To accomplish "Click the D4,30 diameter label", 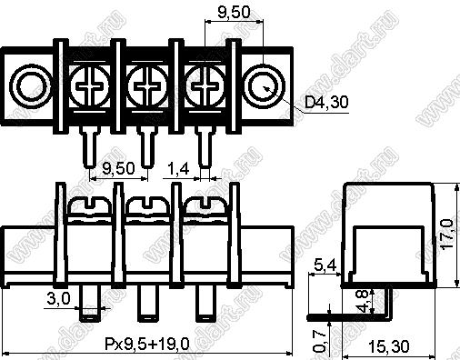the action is (326, 102).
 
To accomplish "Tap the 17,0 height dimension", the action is (447, 235).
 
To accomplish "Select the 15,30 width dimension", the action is (389, 346).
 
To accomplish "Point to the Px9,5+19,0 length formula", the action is (147, 344).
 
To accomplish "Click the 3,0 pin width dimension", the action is (58, 299).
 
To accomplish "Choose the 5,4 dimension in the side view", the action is (325, 265).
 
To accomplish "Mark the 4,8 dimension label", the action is (363, 301).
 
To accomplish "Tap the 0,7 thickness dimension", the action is (319, 341).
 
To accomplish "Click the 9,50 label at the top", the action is (235, 13).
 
